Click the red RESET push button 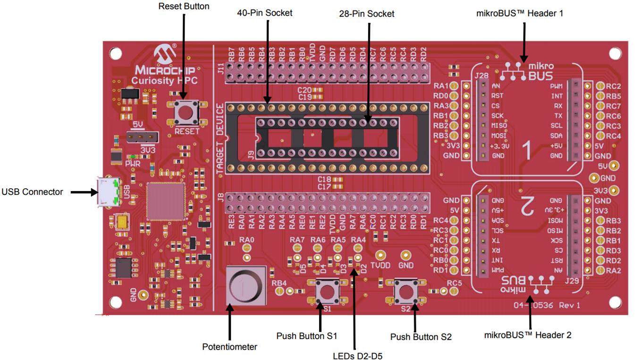coord(186,112)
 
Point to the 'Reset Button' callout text coord(184,7)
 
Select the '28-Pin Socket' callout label coord(366,14)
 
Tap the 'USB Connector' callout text coord(32,192)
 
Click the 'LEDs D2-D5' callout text coord(357,356)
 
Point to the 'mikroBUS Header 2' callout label coord(528,335)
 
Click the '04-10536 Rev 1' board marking coord(547,305)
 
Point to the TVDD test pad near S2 coord(380,255)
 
